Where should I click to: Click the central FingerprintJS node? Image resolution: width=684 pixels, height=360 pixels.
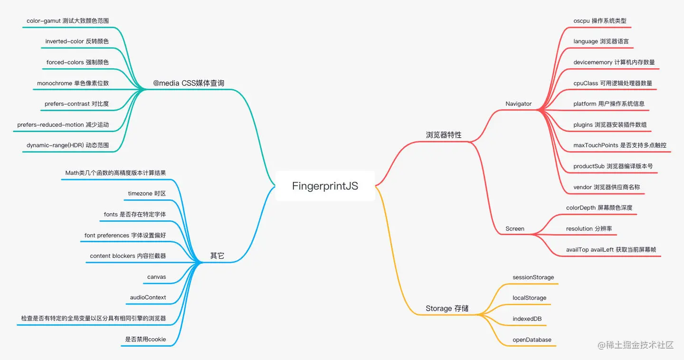[x=325, y=186]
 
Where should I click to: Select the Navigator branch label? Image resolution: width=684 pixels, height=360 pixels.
[x=518, y=104]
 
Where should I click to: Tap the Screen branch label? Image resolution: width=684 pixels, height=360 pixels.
[x=514, y=228]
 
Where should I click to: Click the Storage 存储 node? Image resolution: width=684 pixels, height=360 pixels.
[x=447, y=308]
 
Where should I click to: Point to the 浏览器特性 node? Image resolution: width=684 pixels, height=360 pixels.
[x=443, y=135]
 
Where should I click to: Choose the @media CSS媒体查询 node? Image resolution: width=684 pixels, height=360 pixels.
[x=189, y=83]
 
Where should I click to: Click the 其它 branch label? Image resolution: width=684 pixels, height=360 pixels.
[x=217, y=256]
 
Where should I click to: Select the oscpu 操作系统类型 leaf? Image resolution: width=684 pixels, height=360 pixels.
[x=599, y=20]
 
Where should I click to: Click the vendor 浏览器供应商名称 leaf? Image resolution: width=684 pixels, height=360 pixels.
[x=607, y=187]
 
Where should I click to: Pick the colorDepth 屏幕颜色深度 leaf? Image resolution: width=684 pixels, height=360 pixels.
[x=599, y=208]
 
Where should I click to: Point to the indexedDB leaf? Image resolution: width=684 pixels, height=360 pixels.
[x=527, y=319]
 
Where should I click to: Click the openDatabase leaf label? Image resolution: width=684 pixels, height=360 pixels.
[x=532, y=340]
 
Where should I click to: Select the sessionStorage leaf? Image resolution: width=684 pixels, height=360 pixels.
[x=533, y=277]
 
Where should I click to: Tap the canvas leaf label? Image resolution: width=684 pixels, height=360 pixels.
[x=157, y=277]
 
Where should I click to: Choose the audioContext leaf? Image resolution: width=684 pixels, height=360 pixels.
[x=148, y=297]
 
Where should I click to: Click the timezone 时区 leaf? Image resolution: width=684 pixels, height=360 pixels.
[x=147, y=193]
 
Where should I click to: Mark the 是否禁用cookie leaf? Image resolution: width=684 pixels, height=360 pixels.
[x=145, y=339]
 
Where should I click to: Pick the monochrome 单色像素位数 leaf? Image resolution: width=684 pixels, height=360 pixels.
[x=73, y=83]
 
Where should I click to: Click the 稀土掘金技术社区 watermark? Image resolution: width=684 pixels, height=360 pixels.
[x=636, y=345]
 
